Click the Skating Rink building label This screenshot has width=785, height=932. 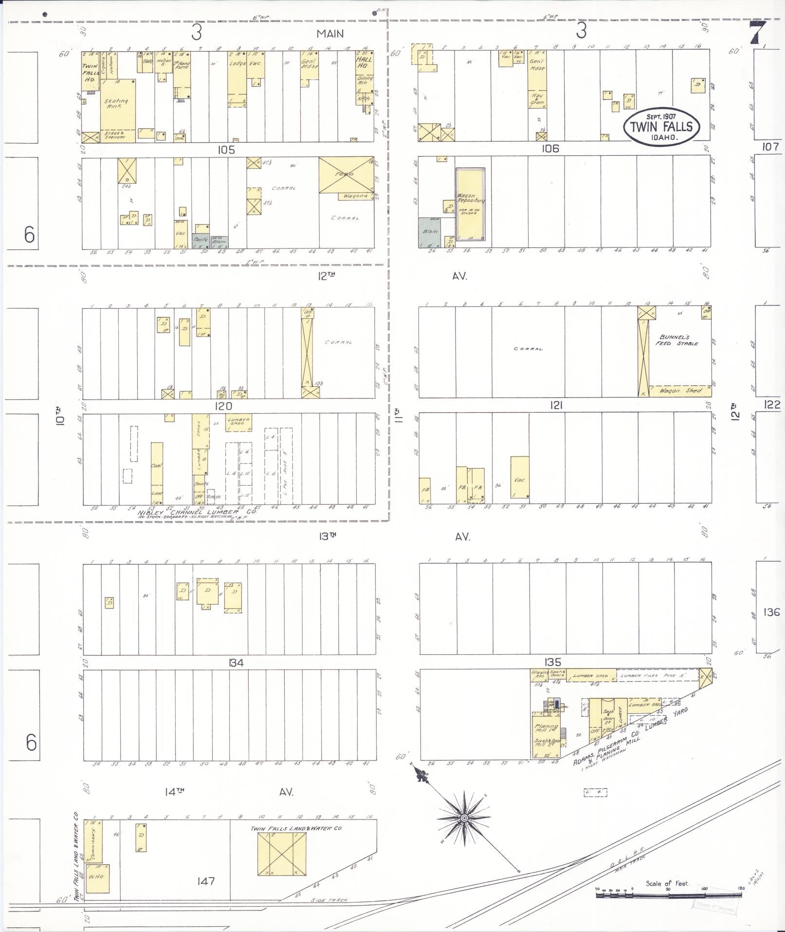click(117, 103)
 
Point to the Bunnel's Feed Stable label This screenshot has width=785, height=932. click(679, 340)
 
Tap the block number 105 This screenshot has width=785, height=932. click(226, 150)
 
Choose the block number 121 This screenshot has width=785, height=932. click(556, 405)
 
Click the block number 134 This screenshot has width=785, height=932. click(236, 663)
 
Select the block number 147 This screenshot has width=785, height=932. click(206, 881)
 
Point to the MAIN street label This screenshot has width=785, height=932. click(330, 34)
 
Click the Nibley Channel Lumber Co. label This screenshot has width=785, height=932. click(197, 513)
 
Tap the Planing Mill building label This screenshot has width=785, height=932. click(546, 729)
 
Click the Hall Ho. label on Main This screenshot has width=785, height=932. click(364, 63)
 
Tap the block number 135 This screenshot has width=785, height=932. click(553, 662)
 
